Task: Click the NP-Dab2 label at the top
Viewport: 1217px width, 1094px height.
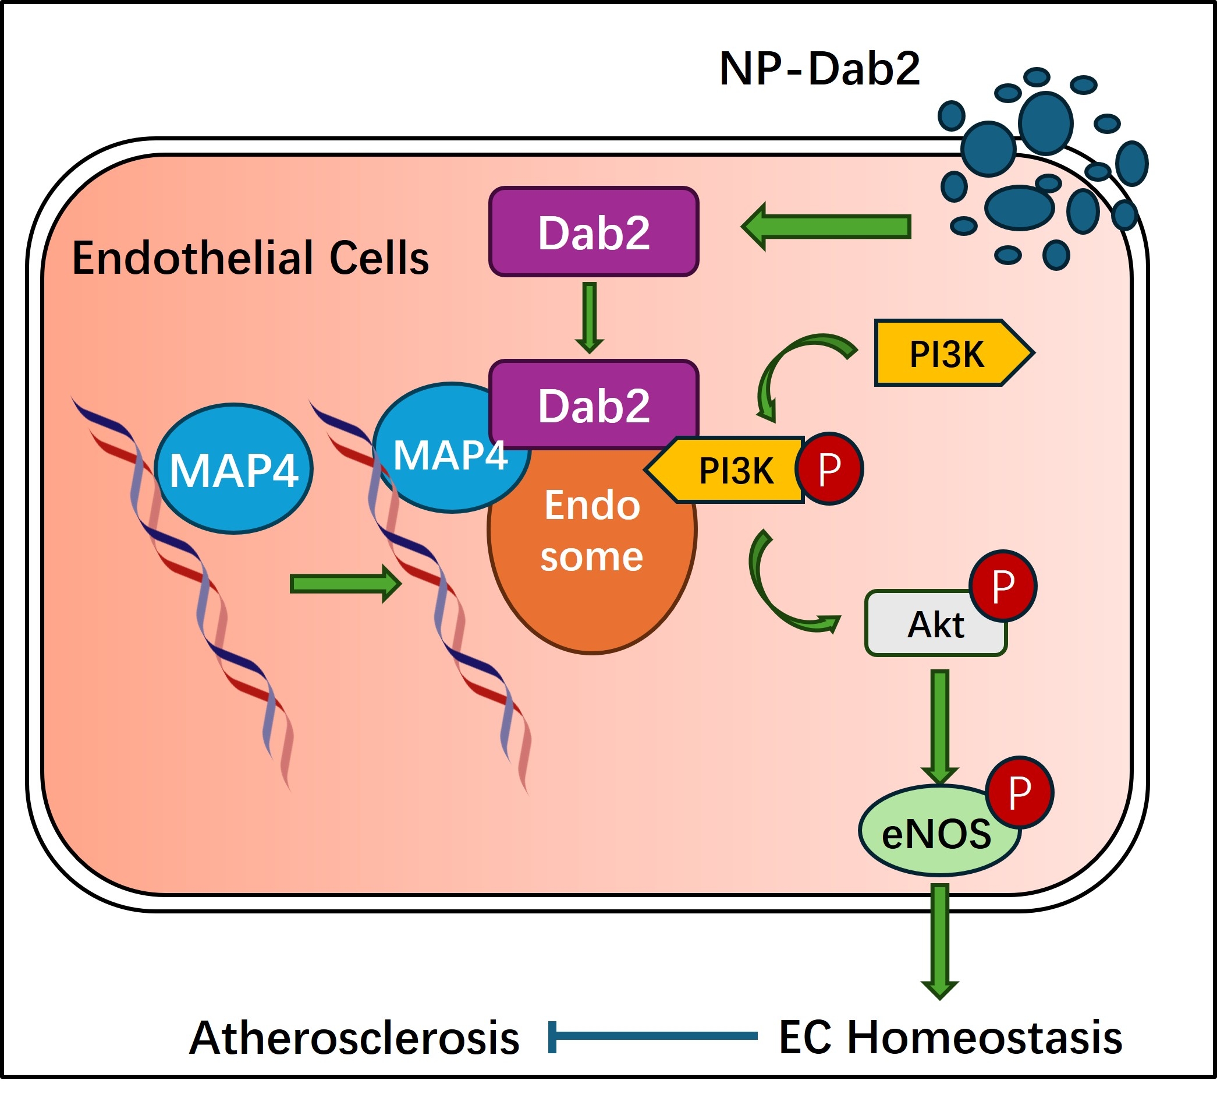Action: pos(819,69)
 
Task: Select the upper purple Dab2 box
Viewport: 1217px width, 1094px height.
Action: pos(594,232)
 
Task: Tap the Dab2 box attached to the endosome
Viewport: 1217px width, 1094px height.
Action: pos(594,404)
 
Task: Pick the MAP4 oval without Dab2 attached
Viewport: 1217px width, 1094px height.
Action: pos(233,469)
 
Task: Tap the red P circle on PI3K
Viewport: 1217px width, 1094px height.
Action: pos(829,468)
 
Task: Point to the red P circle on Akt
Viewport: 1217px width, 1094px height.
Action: pos(1003,586)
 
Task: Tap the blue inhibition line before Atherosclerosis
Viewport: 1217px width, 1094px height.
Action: pos(652,1036)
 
